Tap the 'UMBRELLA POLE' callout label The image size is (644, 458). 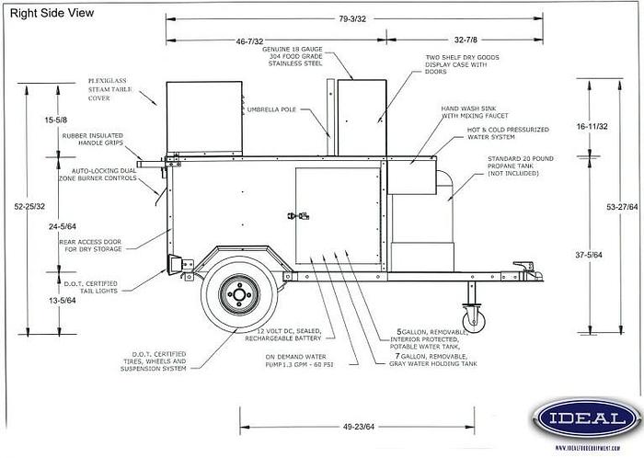(x=271, y=109)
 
